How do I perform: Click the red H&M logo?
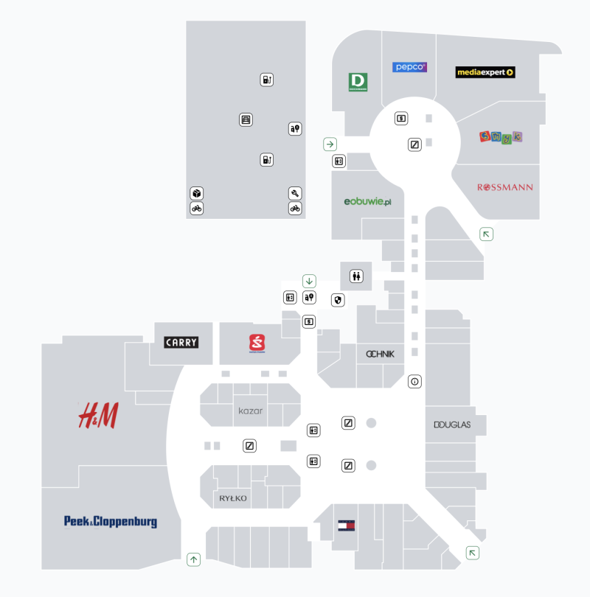click(x=98, y=416)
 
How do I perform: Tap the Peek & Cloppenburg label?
click(x=111, y=522)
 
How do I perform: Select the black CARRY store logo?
click(x=181, y=343)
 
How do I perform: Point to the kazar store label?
click(x=251, y=411)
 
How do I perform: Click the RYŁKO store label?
click(x=233, y=499)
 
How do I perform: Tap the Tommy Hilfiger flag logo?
click(x=346, y=526)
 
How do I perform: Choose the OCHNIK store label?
click(x=380, y=354)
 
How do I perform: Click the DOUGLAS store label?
click(x=452, y=425)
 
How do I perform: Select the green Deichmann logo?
click(x=358, y=82)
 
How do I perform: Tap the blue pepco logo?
click(x=409, y=67)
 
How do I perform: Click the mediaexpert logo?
click(x=485, y=72)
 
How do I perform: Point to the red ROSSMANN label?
click(x=505, y=187)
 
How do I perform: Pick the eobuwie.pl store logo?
click(x=367, y=202)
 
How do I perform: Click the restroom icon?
click(x=357, y=276)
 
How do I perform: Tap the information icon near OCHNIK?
click(x=414, y=382)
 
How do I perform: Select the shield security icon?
click(x=338, y=300)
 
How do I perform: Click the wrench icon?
click(x=295, y=193)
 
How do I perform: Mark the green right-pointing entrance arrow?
click(x=330, y=144)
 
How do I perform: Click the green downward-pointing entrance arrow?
click(x=309, y=281)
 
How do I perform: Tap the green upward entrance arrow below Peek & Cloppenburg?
click(x=194, y=559)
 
